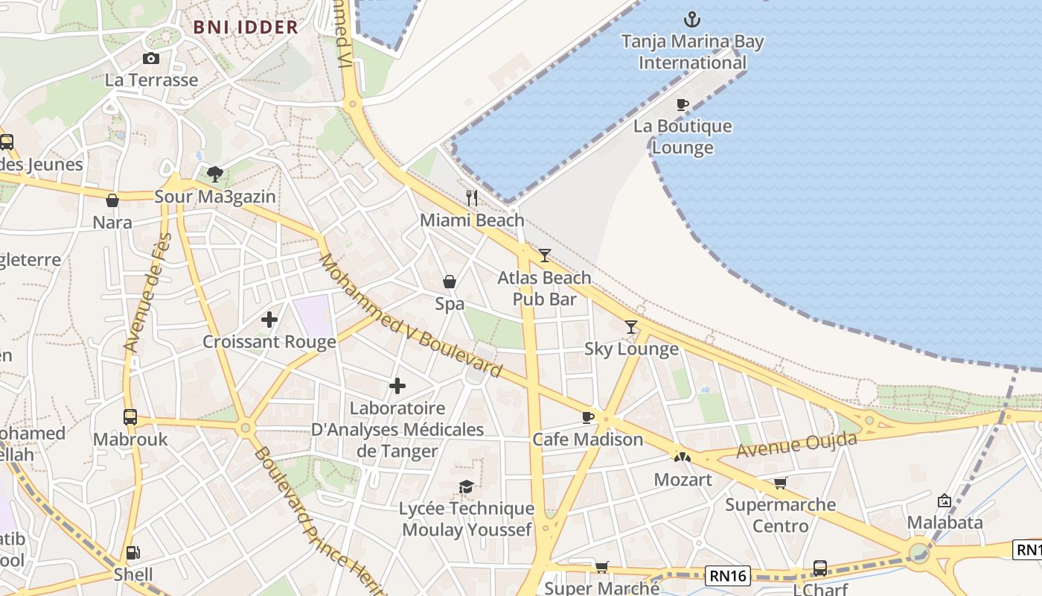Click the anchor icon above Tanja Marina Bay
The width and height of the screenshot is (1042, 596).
tap(692, 19)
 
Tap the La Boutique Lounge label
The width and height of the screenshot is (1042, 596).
tap(683, 137)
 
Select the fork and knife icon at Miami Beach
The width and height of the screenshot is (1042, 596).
tap(472, 197)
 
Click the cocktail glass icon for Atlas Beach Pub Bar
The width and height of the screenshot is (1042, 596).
tap(545, 256)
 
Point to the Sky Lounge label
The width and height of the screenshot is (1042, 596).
tap(631, 349)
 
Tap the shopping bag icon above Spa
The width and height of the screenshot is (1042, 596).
tap(450, 282)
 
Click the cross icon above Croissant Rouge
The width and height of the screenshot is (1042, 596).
tap(269, 320)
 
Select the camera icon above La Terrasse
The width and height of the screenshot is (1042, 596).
tap(151, 59)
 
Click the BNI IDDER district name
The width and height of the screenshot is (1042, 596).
tap(246, 28)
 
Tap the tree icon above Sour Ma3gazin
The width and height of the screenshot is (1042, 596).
tap(215, 174)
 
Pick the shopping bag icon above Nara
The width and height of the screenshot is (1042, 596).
tap(112, 200)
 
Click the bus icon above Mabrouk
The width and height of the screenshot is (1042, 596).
tap(130, 417)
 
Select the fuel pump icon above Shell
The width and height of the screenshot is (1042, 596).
tap(133, 553)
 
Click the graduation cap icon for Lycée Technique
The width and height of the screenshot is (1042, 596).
tap(467, 486)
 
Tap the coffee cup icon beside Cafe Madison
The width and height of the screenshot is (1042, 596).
tap(588, 417)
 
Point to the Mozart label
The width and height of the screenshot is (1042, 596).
tap(683, 480)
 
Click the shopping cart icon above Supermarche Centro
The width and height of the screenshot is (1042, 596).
tap(780, 484)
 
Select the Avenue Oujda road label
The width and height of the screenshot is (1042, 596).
tap(796, 445)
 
